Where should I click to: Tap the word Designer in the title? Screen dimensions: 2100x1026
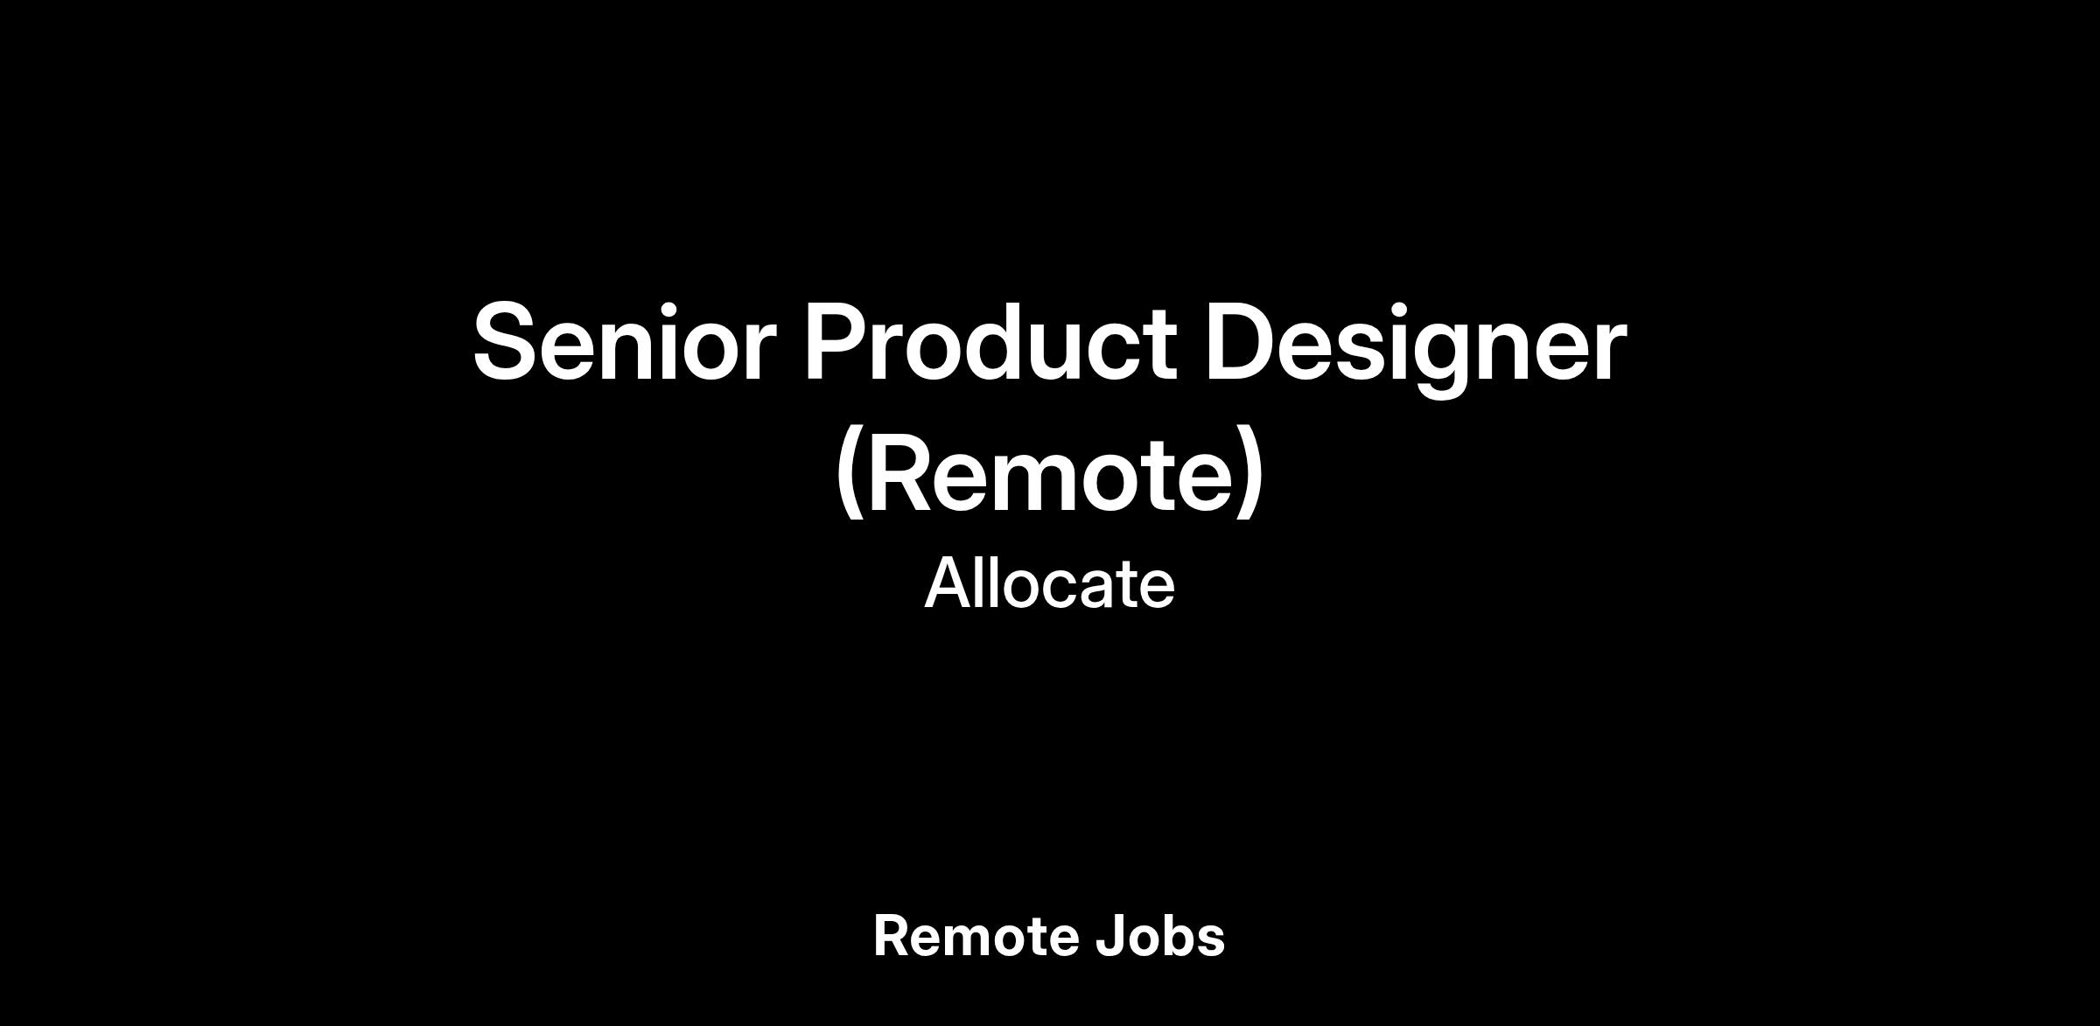tap(1416, 348)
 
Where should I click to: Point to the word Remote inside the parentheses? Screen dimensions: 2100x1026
tap(1049, 474)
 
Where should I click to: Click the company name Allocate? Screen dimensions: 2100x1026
tap(1049, 583)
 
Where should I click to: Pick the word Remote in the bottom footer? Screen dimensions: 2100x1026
tap(974, 936)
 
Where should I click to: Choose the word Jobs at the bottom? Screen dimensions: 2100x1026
tap(1159, 936)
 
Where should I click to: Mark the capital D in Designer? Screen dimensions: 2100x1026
tap(1242, 342)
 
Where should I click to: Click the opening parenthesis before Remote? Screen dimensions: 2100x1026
tap(850, 475)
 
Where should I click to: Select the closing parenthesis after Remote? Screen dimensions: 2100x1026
tap(1250, 475)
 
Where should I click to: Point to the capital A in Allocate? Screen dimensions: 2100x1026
tap(950, 583)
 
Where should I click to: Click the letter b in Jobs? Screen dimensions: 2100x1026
tap(1179, 936)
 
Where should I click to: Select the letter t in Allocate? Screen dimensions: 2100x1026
tap(1121, 586)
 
